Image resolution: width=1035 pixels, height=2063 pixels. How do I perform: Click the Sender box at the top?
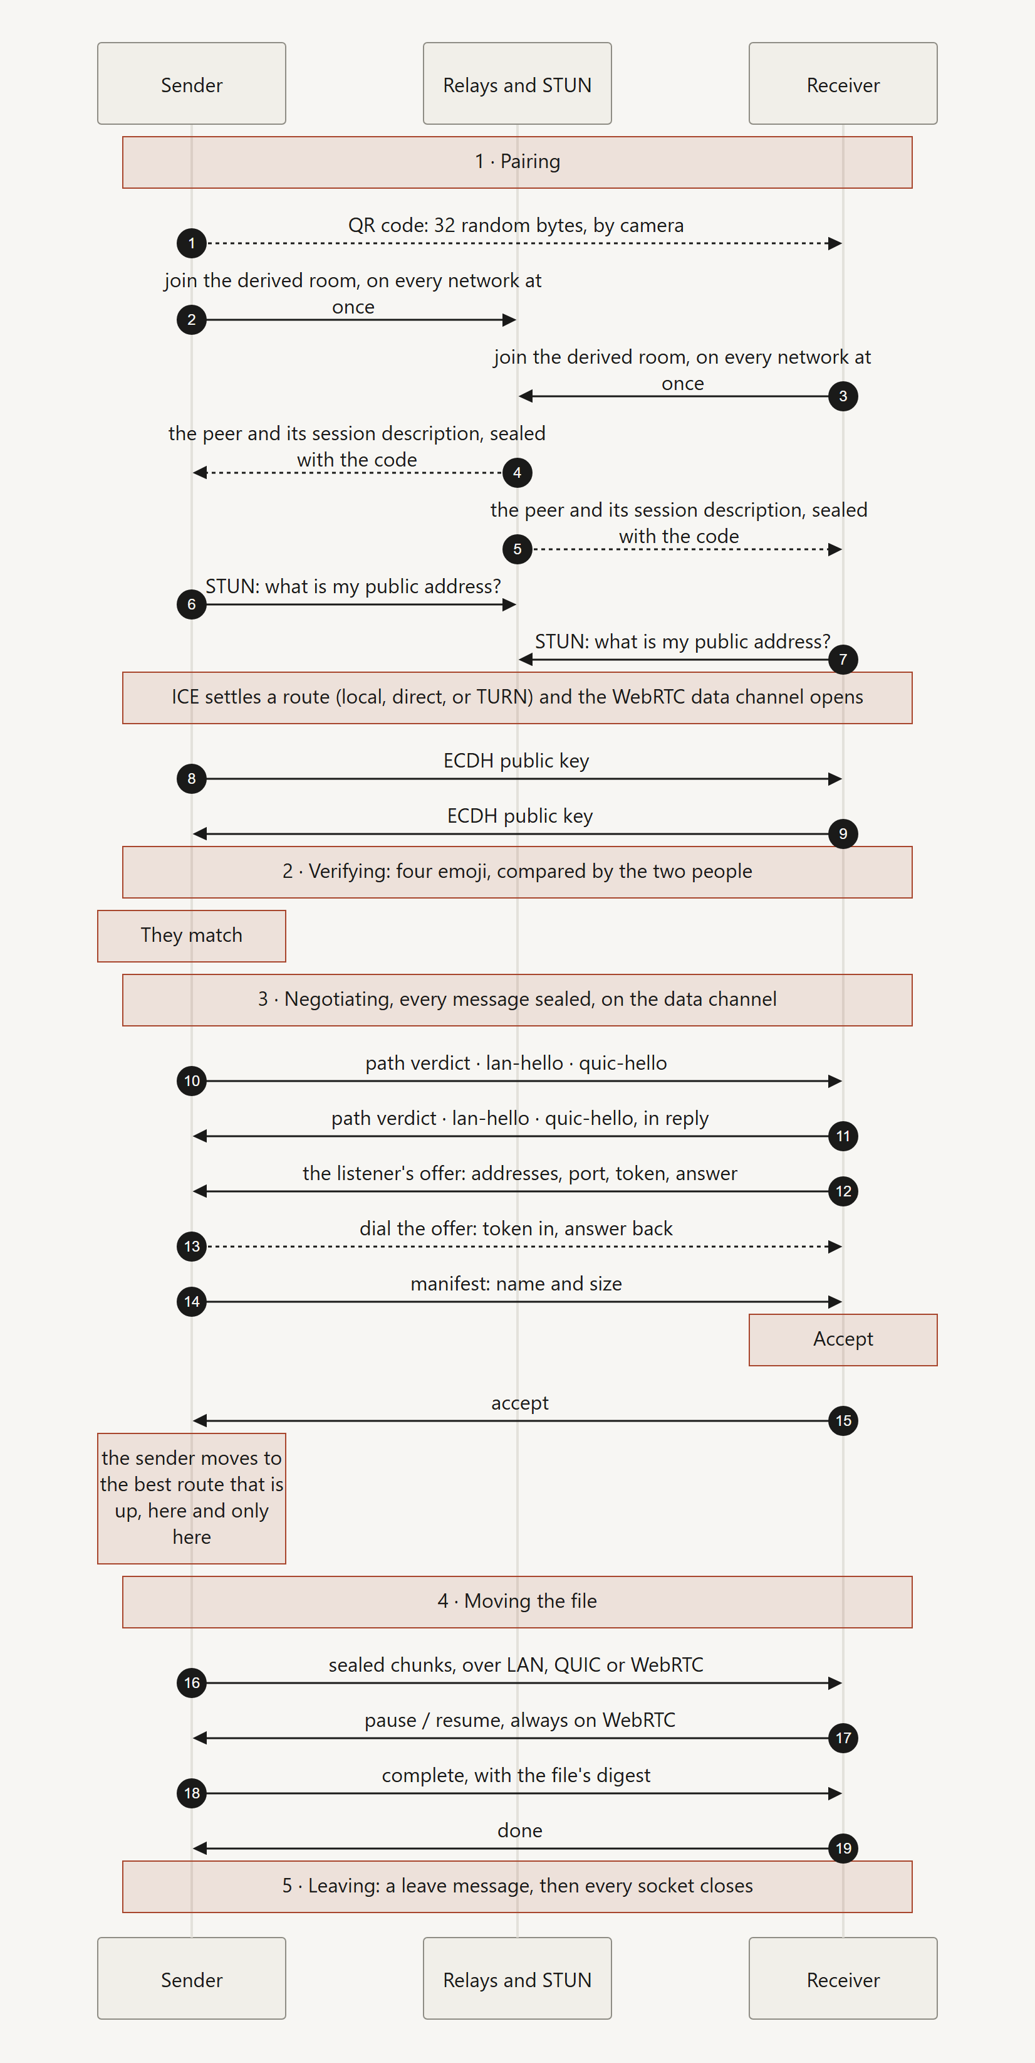[191, 83]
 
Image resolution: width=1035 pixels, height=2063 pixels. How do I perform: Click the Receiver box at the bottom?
[843, 1978]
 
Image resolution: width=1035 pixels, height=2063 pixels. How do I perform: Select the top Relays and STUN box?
[517, 83]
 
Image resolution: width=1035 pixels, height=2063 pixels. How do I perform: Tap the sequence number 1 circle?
[191, 243]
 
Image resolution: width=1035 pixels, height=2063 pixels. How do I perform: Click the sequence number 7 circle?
[843, 659]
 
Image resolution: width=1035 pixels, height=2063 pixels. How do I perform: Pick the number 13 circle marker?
[191, 1246]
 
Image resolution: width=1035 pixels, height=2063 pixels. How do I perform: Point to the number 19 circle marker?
[843, 1849]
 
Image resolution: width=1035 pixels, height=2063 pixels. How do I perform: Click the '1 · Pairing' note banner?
[517, 162]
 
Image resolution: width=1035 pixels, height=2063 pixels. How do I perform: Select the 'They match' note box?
[191, 936]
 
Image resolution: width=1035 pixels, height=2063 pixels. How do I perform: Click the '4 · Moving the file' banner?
[517, 1601]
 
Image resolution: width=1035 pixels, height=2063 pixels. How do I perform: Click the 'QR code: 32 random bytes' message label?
[516, 225]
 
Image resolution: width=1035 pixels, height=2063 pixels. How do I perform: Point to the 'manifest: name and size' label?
[516, 1284]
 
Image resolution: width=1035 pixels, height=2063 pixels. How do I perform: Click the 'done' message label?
[520, 1831]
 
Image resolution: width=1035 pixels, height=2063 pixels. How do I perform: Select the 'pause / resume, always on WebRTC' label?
[520, 1720]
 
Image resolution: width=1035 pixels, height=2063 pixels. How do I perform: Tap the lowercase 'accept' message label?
[520, 1403]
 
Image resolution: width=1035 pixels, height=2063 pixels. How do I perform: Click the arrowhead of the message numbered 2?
[509, 320]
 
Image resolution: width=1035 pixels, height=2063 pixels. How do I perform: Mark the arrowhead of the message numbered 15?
[200, 1421]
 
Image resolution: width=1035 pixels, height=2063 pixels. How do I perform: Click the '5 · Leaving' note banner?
[517, 1887]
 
